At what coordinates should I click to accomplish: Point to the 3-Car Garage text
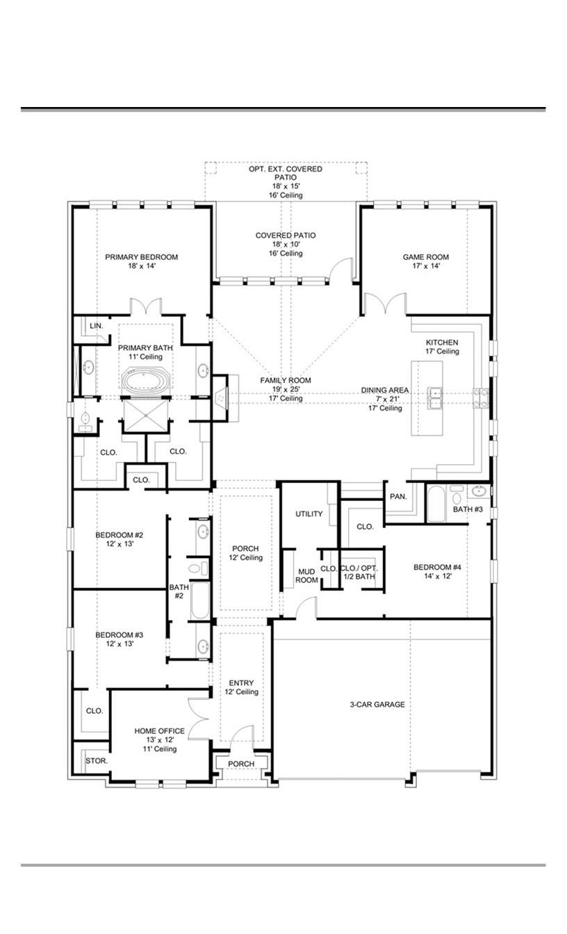click(x=377, y=705)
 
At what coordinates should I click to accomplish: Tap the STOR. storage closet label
click(x=97, y=761)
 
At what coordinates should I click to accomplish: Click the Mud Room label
click(x=306, y=575)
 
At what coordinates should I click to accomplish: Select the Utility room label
click(x=309, y=514)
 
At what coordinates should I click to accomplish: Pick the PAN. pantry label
click(x=397, y=497)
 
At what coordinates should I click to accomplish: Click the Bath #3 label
click(x=468, y=509)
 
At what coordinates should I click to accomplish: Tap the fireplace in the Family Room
click(x=221, y=398)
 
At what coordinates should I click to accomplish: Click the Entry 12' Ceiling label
click(x=241, y=687)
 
